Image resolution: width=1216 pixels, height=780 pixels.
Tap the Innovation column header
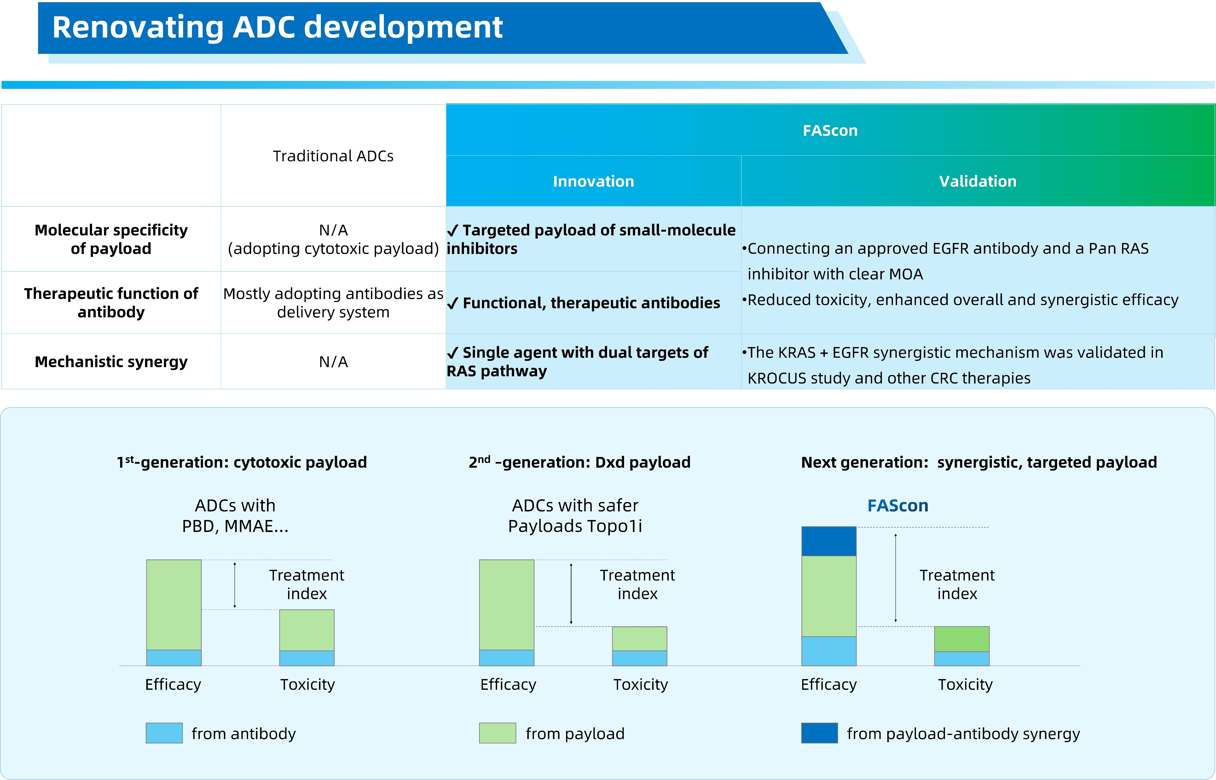593,181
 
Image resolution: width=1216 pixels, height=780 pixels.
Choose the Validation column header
977,181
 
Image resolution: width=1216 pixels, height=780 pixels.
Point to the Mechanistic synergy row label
111,362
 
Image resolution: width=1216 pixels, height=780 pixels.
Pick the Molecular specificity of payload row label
111,239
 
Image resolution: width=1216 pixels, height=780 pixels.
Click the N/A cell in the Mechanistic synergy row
333,362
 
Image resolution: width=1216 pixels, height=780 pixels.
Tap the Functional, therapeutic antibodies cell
591,303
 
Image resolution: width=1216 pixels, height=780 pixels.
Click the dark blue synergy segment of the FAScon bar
829,541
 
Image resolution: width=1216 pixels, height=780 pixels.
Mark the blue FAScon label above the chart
897,506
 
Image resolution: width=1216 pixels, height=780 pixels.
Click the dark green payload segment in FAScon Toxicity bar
961,639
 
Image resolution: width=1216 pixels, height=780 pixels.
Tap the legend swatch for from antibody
164,733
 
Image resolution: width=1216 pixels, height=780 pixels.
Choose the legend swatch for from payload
497,733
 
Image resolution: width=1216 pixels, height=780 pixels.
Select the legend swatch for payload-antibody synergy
819,733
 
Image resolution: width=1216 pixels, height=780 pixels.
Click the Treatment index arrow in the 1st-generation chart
235,585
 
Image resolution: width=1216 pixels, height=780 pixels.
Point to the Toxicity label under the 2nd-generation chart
640,684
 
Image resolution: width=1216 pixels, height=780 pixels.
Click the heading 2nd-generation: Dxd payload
579,462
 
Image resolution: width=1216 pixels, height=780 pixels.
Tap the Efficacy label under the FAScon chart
829,684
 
